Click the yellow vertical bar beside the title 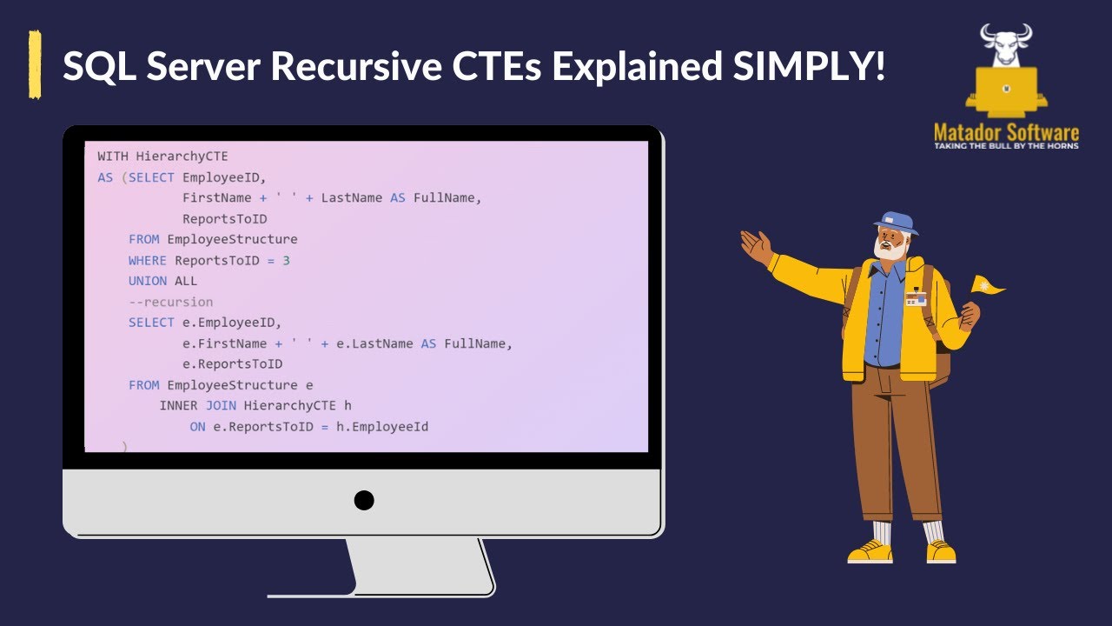tap(35, 65)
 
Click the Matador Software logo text tap(1006, 133)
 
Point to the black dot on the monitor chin tap(364, 500)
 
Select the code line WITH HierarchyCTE tap(162, 156)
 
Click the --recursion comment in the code tap(170, 302)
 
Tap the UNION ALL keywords tap(162, 281)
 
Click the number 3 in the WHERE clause tap(286, 260)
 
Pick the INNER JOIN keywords tap(197, 405)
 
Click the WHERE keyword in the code tap(148, 260)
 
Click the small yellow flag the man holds tap(987, 285)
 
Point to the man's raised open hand tap(755, 247)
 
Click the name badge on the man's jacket tap(916, 297)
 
